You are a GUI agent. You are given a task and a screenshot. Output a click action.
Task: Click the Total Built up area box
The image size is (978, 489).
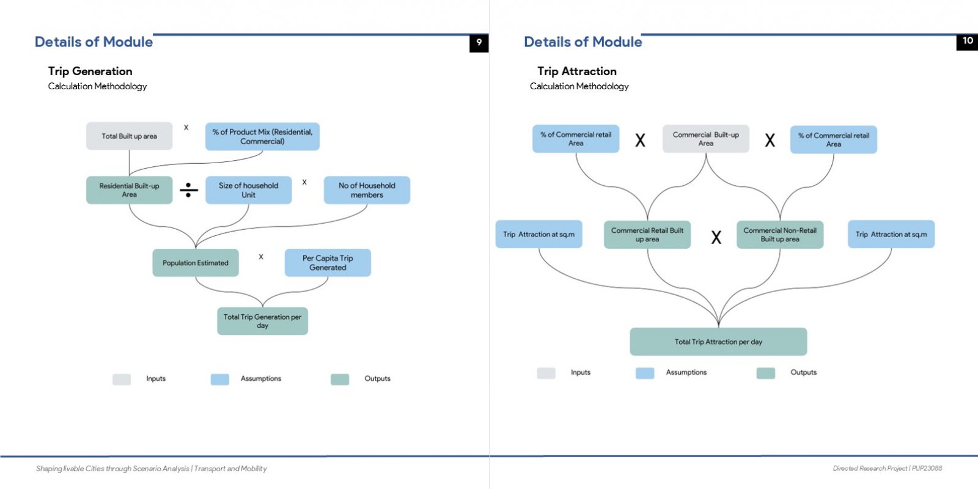[129, 136]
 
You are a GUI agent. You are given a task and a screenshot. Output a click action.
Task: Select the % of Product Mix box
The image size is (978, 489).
[262, 137]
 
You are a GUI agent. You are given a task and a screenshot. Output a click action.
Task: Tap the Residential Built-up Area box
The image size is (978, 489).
[129, 190]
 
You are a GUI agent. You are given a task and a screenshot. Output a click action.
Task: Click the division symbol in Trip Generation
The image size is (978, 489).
[189, 190]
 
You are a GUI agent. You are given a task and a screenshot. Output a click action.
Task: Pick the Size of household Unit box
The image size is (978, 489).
[248, 190]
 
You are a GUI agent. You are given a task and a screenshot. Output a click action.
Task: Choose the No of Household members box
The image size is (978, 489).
[367, 190]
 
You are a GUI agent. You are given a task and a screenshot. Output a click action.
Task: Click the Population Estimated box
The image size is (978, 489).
[196, 263]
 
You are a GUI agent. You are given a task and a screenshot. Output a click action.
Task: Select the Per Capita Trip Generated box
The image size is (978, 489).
[328, 263]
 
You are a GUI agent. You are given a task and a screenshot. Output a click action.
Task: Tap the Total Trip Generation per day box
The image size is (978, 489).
[262, 322]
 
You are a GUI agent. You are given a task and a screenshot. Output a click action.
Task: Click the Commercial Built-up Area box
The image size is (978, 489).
[705, 139]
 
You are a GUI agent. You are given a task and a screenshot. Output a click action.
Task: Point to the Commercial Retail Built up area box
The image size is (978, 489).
[647, 235]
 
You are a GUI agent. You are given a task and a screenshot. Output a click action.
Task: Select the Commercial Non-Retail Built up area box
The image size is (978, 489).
[780, 235]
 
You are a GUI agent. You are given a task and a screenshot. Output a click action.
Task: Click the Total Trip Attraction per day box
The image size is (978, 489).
[718, 342]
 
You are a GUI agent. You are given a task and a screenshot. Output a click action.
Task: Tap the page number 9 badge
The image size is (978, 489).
[479, 43]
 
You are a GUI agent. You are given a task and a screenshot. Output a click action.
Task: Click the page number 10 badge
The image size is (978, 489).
[967, 42]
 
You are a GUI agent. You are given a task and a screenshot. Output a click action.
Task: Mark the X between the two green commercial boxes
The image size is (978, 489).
[716, 237]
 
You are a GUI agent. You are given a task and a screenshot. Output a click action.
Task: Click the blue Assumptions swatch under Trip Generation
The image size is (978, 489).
[219, 380]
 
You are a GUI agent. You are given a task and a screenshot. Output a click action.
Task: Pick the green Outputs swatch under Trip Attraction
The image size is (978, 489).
[765, 373]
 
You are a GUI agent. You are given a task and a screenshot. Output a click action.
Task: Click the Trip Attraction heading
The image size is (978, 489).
[577, 71]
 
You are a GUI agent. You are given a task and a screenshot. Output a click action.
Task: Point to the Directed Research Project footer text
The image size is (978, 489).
[887, 468]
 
